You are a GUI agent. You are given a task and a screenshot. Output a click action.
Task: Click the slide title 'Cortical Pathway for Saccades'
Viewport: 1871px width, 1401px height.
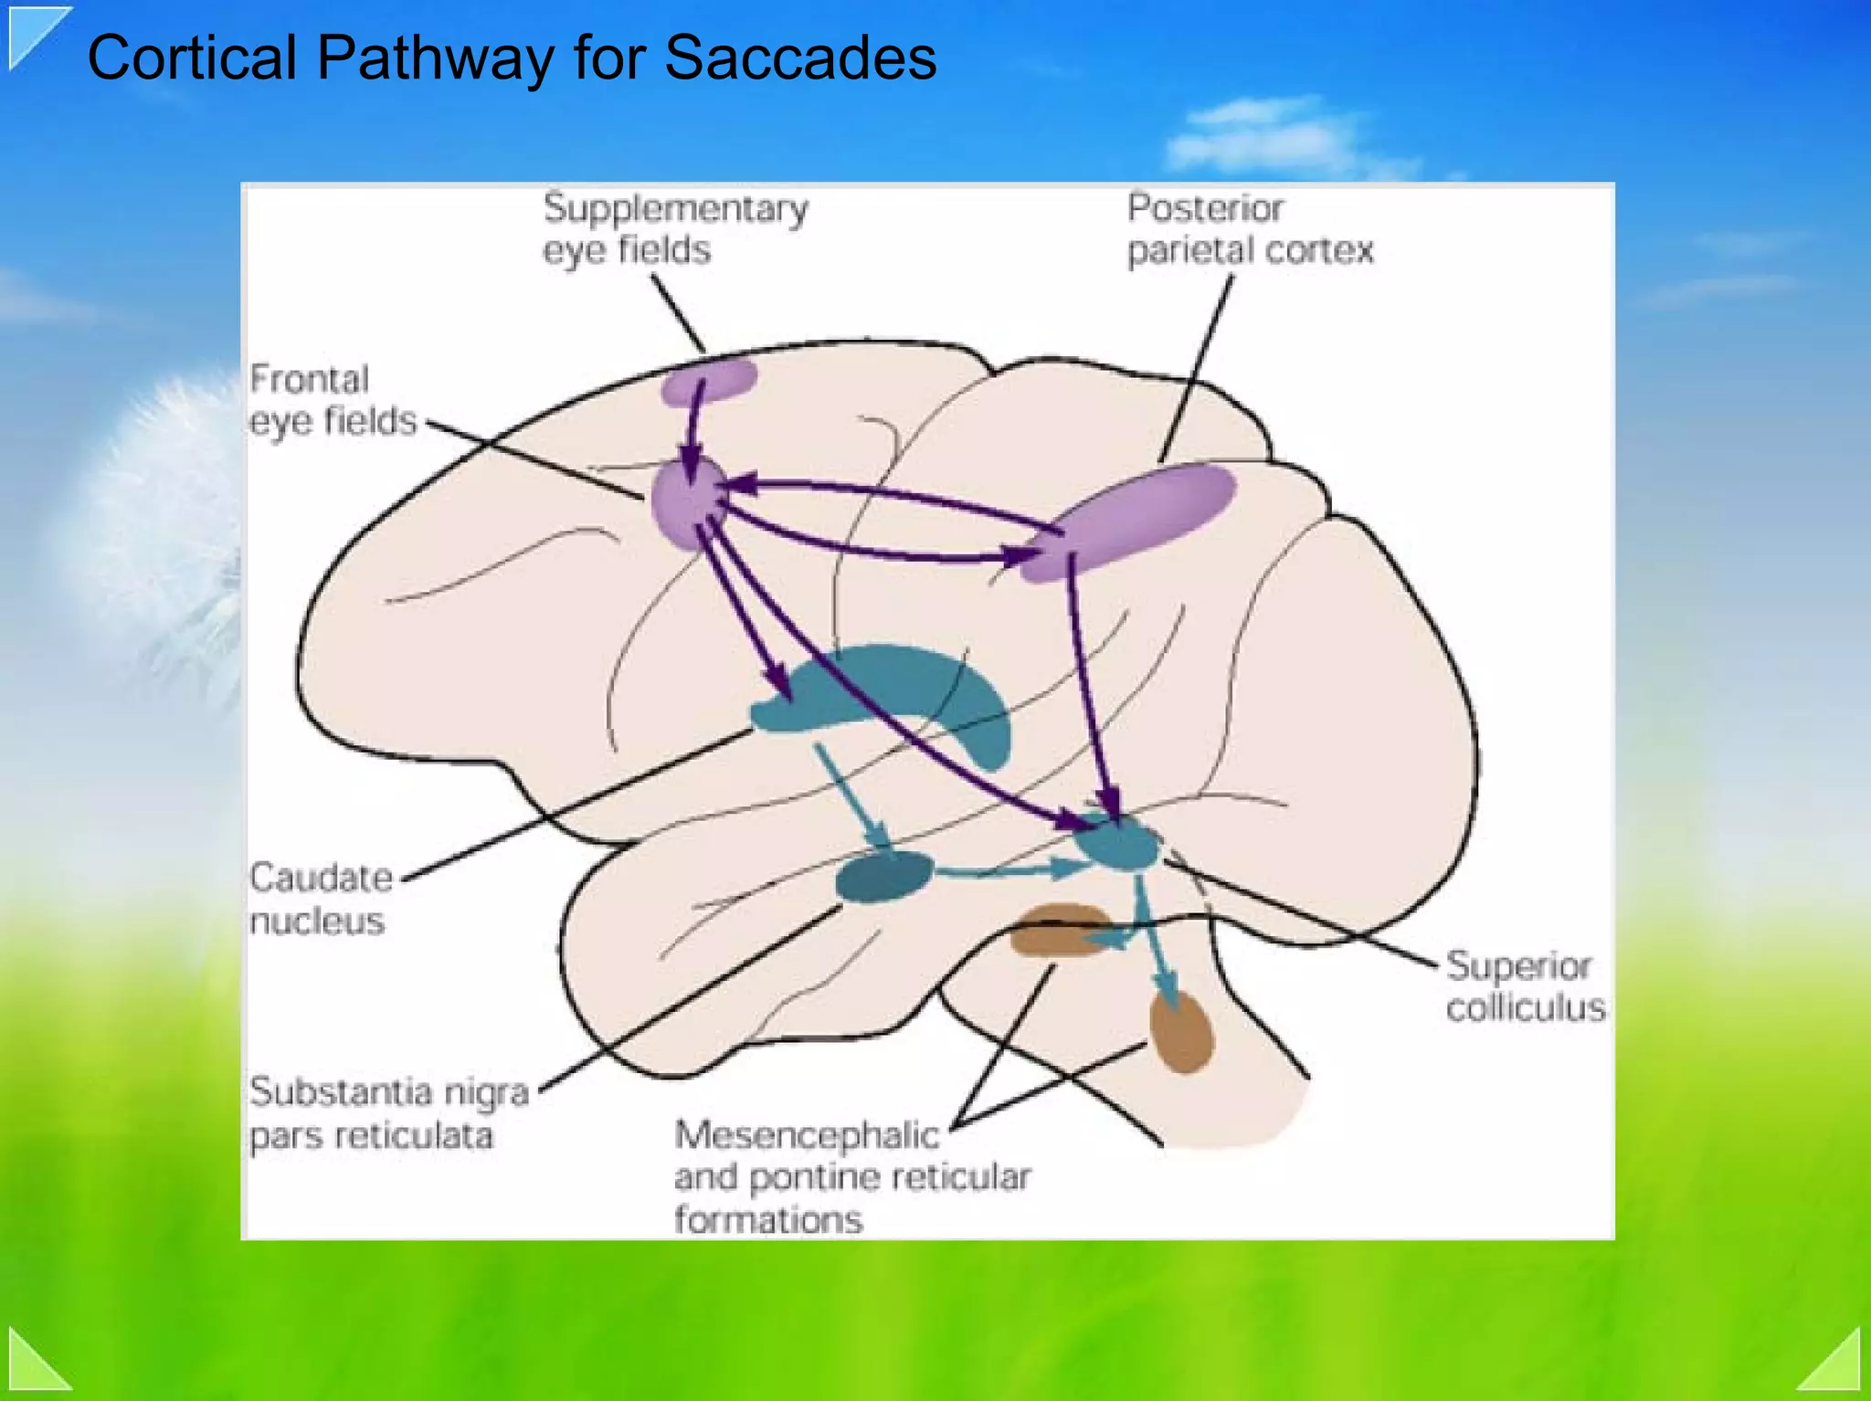pos(512,58)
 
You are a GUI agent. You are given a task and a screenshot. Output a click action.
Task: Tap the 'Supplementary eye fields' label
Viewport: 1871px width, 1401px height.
pos(674,228)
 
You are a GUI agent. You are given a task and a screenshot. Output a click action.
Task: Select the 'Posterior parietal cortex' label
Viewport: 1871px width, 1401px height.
pos(1249,228)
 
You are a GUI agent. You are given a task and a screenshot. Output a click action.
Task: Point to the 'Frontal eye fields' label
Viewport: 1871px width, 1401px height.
pos(333,400)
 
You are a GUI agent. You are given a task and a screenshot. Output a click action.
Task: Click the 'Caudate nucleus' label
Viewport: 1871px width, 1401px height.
pos(320,899)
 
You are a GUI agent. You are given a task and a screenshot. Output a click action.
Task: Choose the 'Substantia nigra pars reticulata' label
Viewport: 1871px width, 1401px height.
pos(388,1113)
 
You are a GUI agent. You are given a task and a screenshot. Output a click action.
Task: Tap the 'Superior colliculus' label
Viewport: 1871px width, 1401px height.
pos(1525,986)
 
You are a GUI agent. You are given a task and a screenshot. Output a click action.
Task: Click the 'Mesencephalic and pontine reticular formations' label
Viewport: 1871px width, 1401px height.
pos(851,1176)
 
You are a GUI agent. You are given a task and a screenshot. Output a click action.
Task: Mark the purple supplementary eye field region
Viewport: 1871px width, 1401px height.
pos(710,381)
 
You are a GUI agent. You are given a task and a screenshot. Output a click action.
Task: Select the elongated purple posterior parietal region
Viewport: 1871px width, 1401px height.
pos(1128,521)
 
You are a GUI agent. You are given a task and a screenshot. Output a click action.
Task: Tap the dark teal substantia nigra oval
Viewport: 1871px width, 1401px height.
pos(883,876)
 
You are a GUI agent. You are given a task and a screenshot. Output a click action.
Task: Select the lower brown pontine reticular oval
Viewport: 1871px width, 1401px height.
pos(1181,1032)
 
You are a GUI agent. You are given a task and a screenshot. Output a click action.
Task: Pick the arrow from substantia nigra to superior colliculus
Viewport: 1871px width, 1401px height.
pos(1005,870)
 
